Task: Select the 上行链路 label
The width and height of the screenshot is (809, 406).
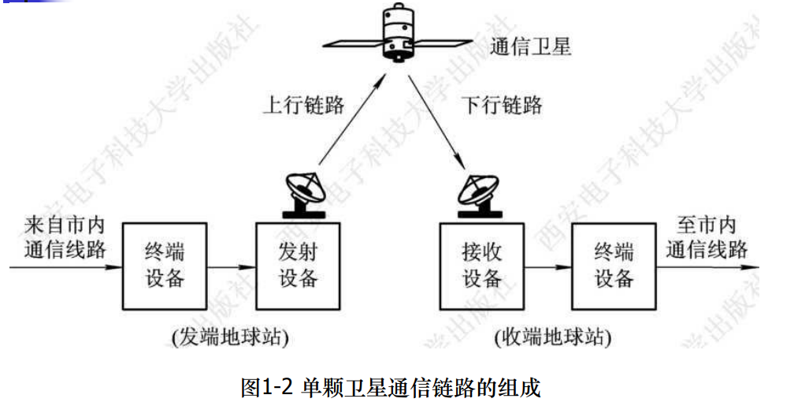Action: [303, 106]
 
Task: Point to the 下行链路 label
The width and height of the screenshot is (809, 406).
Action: [501, 106]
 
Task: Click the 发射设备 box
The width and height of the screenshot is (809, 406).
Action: [298, 266]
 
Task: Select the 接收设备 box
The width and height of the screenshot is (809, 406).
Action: [481, 266]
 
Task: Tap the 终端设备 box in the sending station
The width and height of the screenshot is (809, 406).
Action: [165, 266]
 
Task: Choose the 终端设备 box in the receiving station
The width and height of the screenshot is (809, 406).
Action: [614, 266]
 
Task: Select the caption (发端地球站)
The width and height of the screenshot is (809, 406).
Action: [230, 337]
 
